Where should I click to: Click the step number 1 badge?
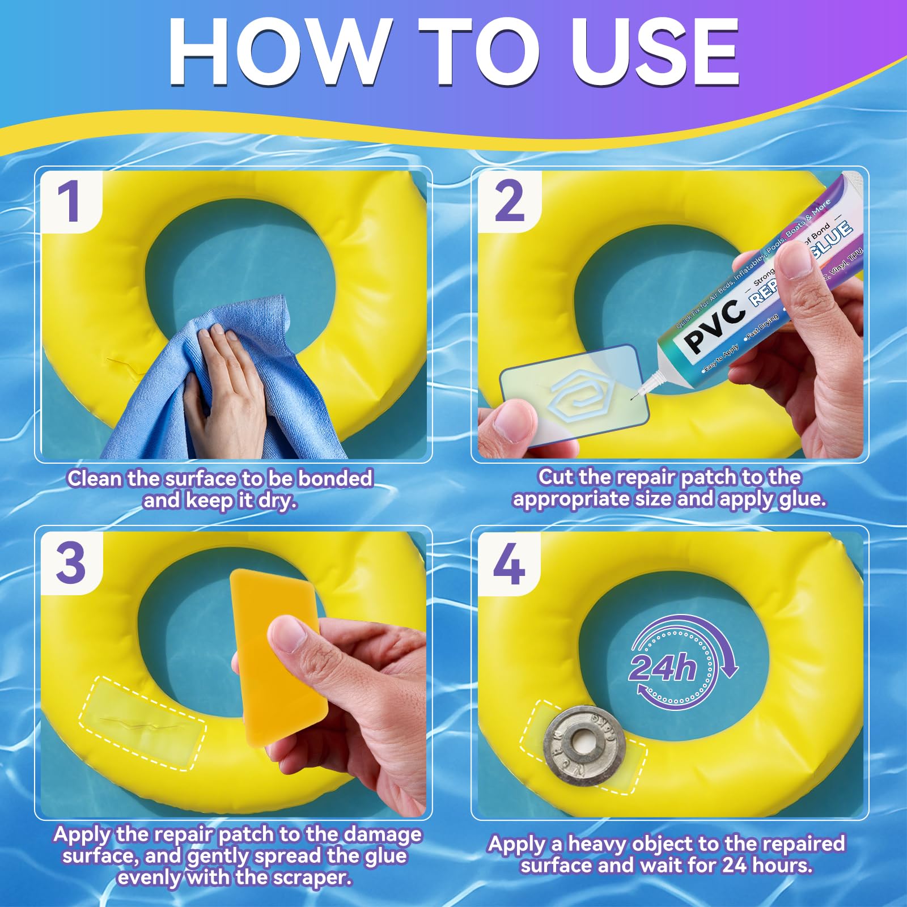tap(71, 202)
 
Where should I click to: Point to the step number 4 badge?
tap(508, 563)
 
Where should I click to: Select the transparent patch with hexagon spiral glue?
tap(573, 393)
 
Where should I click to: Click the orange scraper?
tap(278, 658)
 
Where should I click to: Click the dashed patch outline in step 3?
tap(142, 723)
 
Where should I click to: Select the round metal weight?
tap(584, 743)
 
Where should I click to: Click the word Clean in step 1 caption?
tap(95, 478)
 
